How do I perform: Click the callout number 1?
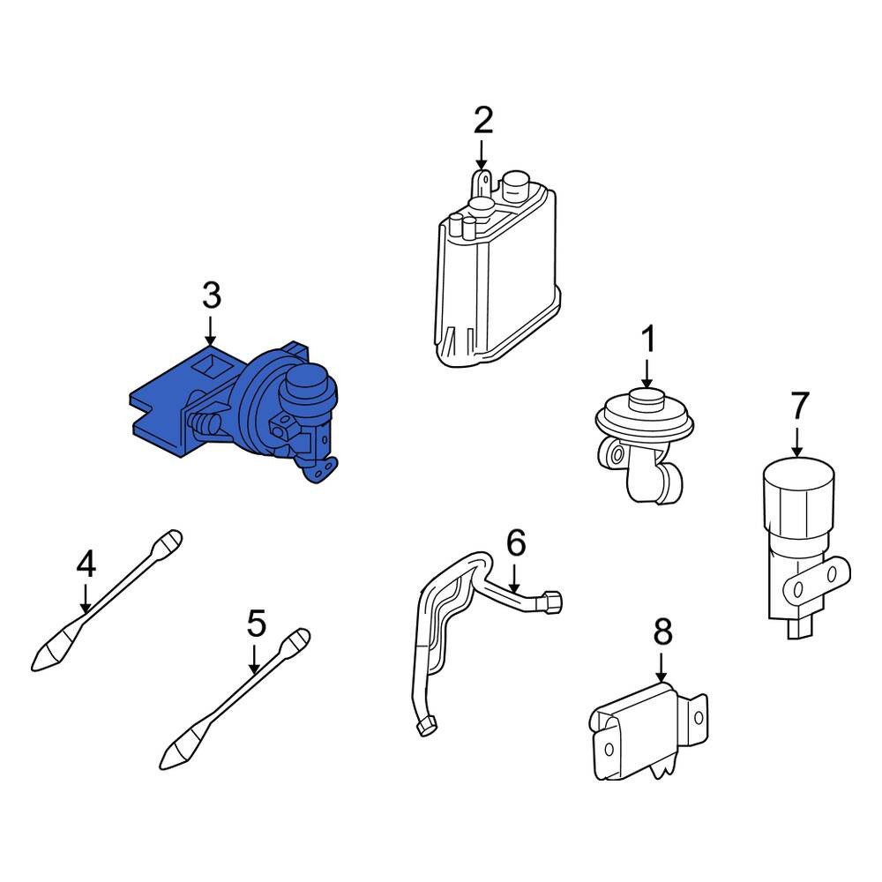[x=648, y=340]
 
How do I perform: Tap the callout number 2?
[x=483, y=120]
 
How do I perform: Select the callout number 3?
[x=212, y=295]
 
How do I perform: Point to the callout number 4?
[x=86, y=564]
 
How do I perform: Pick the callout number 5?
[x=257, y=624]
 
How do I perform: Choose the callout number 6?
[x=516, y=542]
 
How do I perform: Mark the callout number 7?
[x=799, y=405]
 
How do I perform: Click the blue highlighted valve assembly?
[x=236, y=411]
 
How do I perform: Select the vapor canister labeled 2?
[x=497, y=270]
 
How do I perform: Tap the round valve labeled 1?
[x=644, y=445]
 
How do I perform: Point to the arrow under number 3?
[x=211, y=331]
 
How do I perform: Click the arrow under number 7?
[x=797, y=443]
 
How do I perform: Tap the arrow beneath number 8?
[x=661, y=668]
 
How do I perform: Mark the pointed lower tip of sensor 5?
[x=162, y=767]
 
